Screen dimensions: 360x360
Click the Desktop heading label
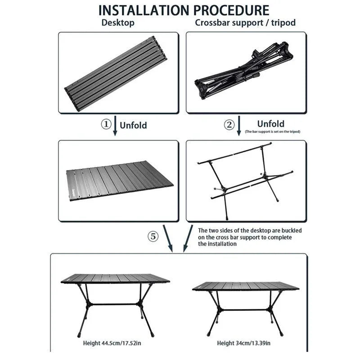click(x=117, y=23)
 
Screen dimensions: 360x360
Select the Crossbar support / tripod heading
click(x=245, y=23)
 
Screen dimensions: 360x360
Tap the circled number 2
click(x=229, y=125)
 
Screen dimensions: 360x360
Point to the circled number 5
click(x=154, y=236)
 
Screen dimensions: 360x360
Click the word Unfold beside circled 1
click(x=133, y=125)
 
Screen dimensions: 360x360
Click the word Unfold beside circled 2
click(x=270, y=123)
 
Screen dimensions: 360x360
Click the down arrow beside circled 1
click(x=115, y=126)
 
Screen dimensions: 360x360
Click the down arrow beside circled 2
click(x=239, y=126)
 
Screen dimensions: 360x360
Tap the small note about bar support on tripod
click(x=272, y=132)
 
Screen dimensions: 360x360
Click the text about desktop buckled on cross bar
click(x=250, y=237)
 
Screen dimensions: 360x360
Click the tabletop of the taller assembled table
click(x=115, y=279)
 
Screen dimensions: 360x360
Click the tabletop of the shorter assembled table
click(x=246, y=286)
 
